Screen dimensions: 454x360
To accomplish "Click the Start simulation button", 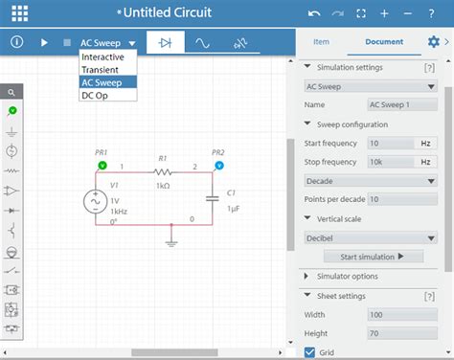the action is pyautogui.click(x=374, y=257).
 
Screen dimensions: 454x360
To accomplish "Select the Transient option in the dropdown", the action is pyautogui.click(x=101, y=70).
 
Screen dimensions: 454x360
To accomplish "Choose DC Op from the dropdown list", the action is pyautogui.click(x=95, y=95).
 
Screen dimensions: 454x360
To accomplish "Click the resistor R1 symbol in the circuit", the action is pyautogui.click(x=162, y=172).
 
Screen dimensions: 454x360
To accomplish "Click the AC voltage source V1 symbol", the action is pyautogui.click(x=96, y=201).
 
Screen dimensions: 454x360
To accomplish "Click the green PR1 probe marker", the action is pyautogui.click(x=102, y=166).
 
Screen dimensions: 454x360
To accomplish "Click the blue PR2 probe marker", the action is pyautogui.click(x=219, y=166).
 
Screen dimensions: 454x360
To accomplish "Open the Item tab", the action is pyautogui.click(x=322, y=42).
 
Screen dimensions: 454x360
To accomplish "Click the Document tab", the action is pyautogui.click(x=383, y=42).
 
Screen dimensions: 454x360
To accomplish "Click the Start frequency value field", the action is pyautogui.click(x=391, y=143).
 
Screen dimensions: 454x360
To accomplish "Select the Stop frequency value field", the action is pyautogui.click(x=391, y=161).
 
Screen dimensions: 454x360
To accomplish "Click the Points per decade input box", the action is pyautogui.click(x=402, y=198).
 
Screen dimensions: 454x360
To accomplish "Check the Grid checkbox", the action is pyautogui.click(x=309, y=352).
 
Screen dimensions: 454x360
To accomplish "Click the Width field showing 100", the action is pyautogui.click(x=402, y=314).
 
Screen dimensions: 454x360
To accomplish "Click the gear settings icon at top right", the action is pyautogui.click(x=434, y=42).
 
